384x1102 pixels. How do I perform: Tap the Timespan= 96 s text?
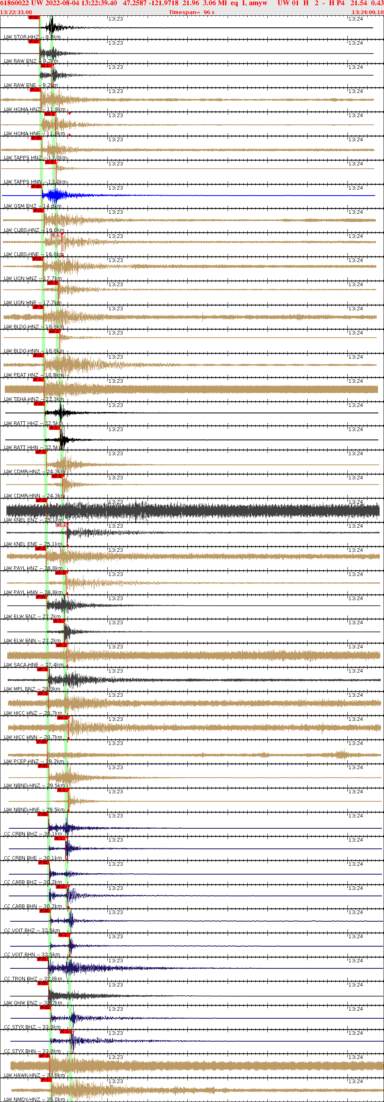tap(191, 12)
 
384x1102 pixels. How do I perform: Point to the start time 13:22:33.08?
tap(16, 12)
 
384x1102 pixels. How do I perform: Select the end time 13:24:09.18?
tap(368, 12)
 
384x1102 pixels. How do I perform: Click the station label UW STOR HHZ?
tap(21, 37)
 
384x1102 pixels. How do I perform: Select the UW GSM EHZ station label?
tap(21, 206)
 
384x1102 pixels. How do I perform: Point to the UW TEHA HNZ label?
tap(21, 399)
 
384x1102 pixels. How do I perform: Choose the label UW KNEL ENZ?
tap(21, 520)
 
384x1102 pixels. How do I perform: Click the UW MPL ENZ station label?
tap(20, 689)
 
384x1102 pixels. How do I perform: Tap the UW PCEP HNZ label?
tap(21, 761)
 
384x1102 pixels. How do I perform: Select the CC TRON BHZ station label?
tap(21, 978)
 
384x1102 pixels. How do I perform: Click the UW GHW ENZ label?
tap(21, 1003)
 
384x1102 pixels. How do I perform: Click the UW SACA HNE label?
tap(21, 665)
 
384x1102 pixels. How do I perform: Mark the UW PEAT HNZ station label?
tap(21, 375)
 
